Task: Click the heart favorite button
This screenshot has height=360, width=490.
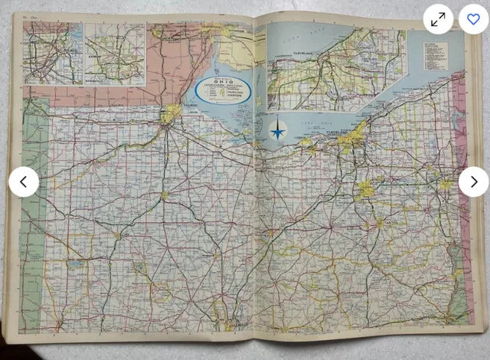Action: point(473,19)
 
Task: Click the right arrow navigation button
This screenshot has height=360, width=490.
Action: point(473,182)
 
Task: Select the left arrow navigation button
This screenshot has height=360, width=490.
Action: point(24,182)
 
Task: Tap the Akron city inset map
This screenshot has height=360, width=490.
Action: point(115,54)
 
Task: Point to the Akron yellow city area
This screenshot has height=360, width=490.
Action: point(367,188)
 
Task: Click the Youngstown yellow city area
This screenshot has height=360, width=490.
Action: point(445,185)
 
